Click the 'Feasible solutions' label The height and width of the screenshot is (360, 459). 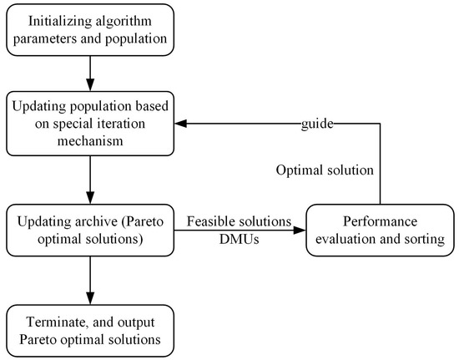tap(238, 222)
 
